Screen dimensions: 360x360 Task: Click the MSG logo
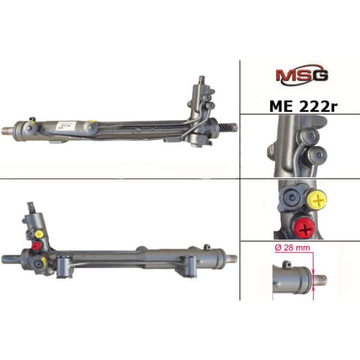tap(302, 75)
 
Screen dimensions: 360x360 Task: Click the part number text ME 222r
tap(304, 106)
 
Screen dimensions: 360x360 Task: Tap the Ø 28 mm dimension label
tap(292, 248)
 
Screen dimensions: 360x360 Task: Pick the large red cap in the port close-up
tap(305, 229)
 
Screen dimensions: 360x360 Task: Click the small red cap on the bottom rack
tap(37, 246)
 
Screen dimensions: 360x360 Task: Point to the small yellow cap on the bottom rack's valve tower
tap(39, 234)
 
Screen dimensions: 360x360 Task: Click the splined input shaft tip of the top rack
tap(202, 79)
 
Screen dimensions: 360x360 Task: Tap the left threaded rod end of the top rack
tap(8, 131)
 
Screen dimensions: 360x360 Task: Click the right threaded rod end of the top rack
tap(231, 128)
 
